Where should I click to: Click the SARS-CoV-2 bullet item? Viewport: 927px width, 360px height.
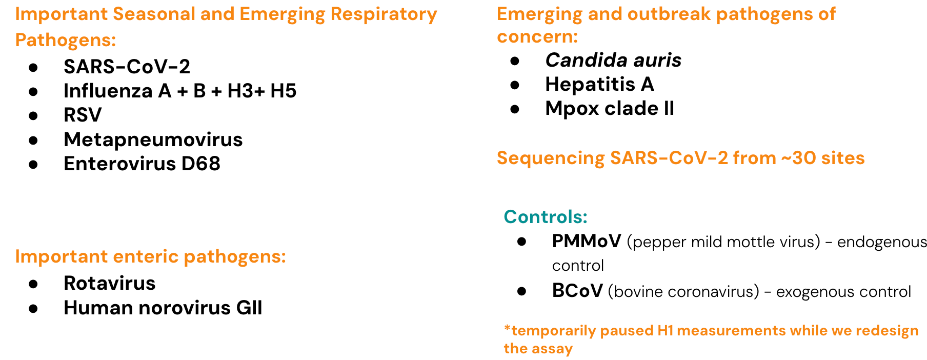(x=127, y=67)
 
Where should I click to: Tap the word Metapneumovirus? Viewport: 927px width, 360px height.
(x=153, y=139)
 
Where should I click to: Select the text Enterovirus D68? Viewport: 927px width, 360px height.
(x=142, y=164)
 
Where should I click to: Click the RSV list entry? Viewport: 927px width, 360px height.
(x=83, y=115)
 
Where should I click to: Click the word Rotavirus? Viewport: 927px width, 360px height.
(x=109, y=283)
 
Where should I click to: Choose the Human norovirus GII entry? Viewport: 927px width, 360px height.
(x=163, y=308)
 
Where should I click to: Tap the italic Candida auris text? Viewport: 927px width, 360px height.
(x=613, y=61)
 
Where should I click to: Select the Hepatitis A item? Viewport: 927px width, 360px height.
(x=599, y=84)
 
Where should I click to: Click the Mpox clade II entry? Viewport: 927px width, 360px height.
(x=609, y=108)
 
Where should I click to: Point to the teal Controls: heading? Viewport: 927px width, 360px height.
(x=545, y=216)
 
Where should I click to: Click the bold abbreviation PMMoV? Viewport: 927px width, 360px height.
(x=586, y=241)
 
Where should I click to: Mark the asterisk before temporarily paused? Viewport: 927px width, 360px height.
(x=507, y=328)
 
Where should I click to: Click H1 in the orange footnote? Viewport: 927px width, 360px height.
(x=665, y=331)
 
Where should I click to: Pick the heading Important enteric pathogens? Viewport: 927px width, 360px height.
(x=150, y=256)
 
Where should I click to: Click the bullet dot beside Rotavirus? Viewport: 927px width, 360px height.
(x=34, y=284)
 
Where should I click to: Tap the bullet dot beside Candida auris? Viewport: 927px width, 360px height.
(x=515, y=61)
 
